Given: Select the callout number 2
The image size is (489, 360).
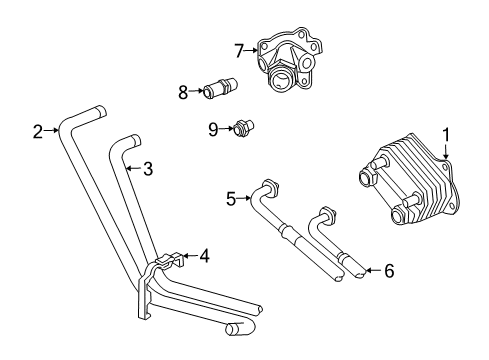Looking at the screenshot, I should click(x=37, y=131).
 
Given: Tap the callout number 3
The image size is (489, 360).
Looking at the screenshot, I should click(x=147, y=169).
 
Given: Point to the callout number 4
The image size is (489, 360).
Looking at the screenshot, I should click(x=204, y=255).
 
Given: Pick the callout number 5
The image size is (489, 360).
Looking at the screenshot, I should click(x=231, y=199).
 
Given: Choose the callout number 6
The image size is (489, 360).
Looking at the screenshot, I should click(x=389, y=270).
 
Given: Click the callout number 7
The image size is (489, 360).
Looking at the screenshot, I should click(x=239, y=49).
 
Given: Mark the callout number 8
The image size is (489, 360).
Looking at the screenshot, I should click(x=183, y=92).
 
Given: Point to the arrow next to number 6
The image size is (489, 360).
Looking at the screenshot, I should click(x=372, y=270).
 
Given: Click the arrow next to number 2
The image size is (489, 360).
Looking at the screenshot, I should click(x=52, y=131).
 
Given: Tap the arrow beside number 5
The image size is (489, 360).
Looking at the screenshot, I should click(x=246, y=199).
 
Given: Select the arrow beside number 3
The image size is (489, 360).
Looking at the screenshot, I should click(x=132, y=168).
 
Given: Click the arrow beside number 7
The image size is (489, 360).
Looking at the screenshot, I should click(x=253, y=50).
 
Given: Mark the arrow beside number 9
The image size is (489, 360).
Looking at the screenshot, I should click(x=225, y=128).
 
